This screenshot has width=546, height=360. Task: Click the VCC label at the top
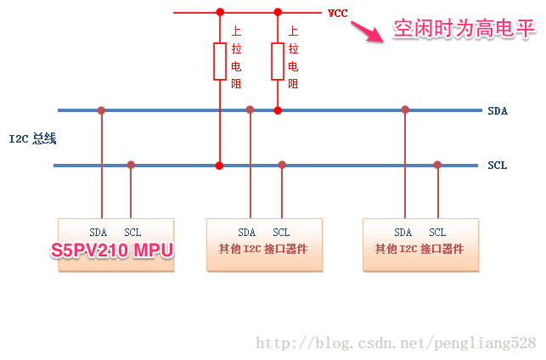pyautogui.click(x=337, y=14)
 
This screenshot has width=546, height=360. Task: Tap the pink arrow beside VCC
pyautogui.click(x=368, y=31)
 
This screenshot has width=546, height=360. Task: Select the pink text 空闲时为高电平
pyautogui.click(x=464, y=28)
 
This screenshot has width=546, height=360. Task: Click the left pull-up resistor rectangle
pyautogui.click(x=220, y=61)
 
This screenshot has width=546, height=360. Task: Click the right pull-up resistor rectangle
pyautogui.click(x=278, y=61)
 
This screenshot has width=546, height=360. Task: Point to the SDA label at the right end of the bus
pyautogui.click(x=498, y=111)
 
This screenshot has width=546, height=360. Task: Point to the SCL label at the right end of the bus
pyautogui.click(x=498, y=165)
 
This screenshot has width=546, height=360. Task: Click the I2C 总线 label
pyautogui.click(x=33, y=138)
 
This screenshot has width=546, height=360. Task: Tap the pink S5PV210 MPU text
pyautogui.click(x=112, y=250)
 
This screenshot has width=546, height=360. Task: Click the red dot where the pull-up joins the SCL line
pyautogui.click(x=219, y=166)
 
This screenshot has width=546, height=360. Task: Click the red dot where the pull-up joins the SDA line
pyautogui.click(x=278, y=110)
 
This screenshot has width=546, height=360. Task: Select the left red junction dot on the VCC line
pyautogui.click(x=220, y=12)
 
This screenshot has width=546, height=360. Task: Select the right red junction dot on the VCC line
pyautogui.click(x=278, y=12)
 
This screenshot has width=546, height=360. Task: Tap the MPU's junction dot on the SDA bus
pyautogui.click(x=101, y=110)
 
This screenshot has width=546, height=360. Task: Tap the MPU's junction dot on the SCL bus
pyautogui.click(x=131, y=165)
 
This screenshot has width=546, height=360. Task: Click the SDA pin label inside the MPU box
pyautogui.click(x=99, y=233)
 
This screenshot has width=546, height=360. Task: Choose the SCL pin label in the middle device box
pyautogui.click(x=281, y=233)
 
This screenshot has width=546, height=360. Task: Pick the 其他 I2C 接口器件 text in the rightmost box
pyautogui.click(x=419, y=249)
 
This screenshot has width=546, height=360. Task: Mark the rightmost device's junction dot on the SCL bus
pyautogui.click(x=437, y=165)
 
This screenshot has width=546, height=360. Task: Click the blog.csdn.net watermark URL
pyautogui.click(x=396, y=343)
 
